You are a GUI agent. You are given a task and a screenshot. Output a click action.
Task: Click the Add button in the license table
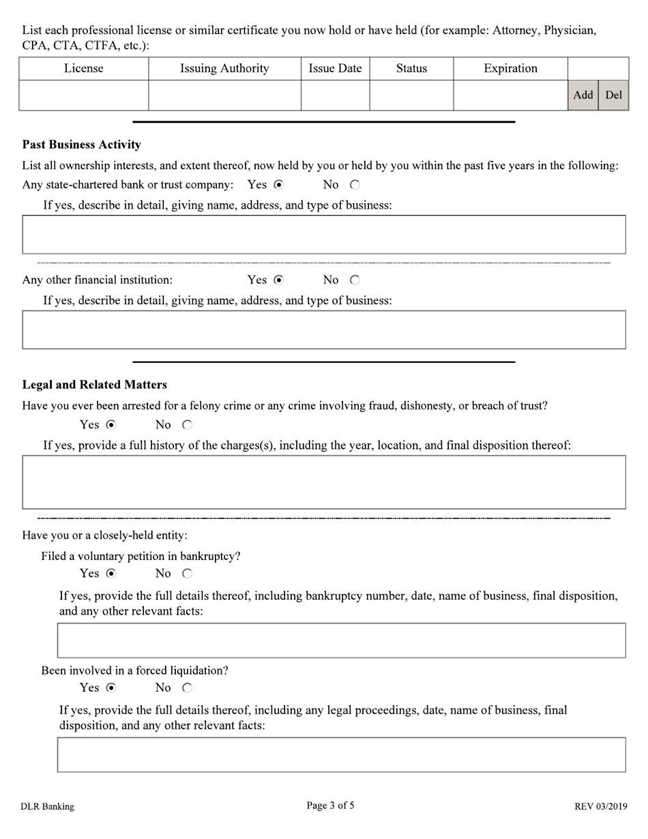pos(583,95)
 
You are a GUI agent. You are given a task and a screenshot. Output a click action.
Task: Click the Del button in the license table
pos(613,95)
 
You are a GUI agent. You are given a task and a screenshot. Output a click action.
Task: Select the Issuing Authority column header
pos(224,68)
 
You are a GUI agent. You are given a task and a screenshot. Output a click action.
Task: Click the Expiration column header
pos(510,68)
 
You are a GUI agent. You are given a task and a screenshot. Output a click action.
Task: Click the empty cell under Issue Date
pos(335,95)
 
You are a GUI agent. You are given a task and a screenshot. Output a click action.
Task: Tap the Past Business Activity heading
pos(82,145)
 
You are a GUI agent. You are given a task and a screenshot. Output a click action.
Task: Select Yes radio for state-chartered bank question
pos(278,185)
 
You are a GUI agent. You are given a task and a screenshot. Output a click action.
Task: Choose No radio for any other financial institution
pos(355,280)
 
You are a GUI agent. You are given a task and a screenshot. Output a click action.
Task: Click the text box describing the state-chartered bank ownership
pos(324,235)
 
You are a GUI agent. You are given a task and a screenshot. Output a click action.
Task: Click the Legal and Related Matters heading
pos(95,385)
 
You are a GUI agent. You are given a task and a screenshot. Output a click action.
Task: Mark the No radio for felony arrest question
pos(187,425)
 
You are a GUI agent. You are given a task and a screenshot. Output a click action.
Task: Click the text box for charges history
pos(324,482)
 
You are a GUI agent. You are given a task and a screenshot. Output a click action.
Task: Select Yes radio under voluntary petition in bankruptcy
pos(111,574)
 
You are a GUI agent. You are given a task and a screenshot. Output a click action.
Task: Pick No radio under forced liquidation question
pos(187,688)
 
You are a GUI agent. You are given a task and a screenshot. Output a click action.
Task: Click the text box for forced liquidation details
pos(341,754)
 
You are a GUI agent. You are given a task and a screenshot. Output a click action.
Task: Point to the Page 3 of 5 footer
pos(330,806)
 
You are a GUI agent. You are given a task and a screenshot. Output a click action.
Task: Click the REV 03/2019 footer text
pos(600,807)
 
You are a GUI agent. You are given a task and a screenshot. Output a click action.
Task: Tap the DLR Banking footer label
pos(47,807)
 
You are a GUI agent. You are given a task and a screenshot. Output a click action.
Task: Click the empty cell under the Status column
pos(411,95)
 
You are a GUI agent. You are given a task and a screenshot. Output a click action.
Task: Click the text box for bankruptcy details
pos(341,640)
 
